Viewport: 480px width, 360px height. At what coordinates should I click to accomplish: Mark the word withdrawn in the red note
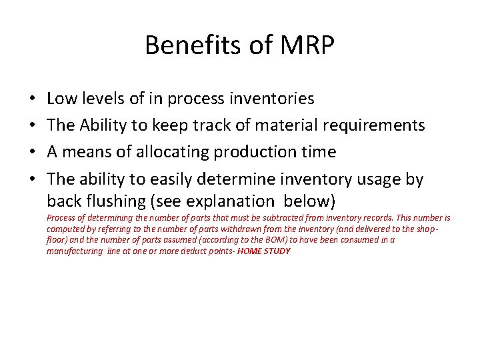221,229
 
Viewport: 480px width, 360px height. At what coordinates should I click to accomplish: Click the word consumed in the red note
366,240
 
